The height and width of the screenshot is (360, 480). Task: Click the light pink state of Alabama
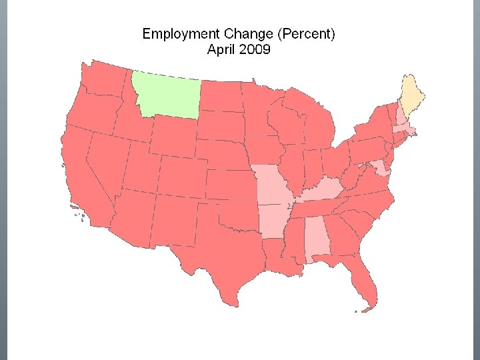click(317, 243)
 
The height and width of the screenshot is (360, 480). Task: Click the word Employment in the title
click(177, 34)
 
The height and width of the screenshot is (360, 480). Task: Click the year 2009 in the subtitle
click(254, 49)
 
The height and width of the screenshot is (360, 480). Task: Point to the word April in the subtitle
click(221, 49)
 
